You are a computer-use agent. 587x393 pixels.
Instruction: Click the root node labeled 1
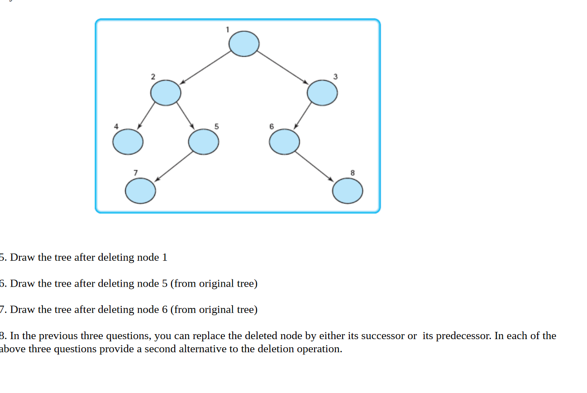coord(244,44)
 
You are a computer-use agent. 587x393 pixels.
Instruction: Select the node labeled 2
coord(166,93)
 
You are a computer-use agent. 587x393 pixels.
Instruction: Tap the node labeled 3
coord(322,93)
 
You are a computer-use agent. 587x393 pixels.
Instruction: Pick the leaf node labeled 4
coord(128,142)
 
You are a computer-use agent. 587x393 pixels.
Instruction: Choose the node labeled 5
coord(204,142)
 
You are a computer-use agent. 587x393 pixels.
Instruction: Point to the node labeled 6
coord(284,142)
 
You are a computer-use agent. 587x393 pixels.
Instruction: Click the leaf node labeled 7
coord(141,191)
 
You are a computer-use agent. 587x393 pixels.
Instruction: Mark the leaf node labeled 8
coord(348,191)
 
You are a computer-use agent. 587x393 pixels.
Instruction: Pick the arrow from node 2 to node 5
coord(185,116)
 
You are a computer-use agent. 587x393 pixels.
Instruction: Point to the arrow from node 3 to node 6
coord(303,116)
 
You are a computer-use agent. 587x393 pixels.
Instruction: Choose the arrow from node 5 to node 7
coord(174,166)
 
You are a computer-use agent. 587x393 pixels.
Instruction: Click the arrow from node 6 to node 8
coord(315,167)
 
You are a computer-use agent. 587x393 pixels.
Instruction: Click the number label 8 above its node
coord(353,173)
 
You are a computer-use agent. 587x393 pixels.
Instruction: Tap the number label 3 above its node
coord(335,77)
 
